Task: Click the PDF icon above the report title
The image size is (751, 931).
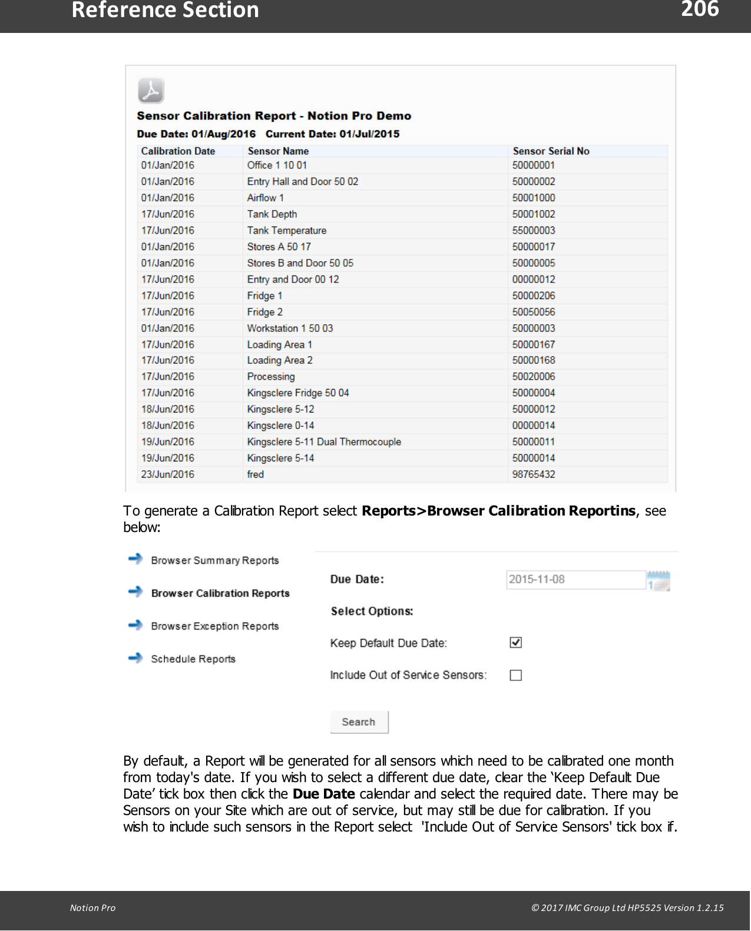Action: [151, 91]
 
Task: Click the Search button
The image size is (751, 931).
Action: [359, 722]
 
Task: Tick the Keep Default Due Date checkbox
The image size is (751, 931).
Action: [515, 643]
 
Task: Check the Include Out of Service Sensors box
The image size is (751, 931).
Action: [515, 676]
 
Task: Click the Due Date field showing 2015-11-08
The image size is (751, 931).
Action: [575, 580]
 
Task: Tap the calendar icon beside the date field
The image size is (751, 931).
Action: [659, 581]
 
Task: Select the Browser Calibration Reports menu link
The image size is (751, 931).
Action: [220, 593]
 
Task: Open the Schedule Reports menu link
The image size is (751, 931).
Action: [193, 659]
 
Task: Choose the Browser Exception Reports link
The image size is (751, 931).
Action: [214, 626]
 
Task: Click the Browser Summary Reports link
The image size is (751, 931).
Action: [214, 560]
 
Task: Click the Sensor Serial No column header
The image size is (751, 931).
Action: [551, 151]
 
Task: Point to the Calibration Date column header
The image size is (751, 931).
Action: [178, 151]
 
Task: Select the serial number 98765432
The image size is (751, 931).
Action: [534, 474]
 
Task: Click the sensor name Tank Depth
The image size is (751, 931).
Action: [272, 214]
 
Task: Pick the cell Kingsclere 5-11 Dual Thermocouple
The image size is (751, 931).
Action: [324, 442]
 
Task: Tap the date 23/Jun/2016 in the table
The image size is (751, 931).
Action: [167, 474]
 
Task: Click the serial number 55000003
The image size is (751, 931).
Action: [534, 231]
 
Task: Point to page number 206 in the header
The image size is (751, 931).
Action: [700, 9]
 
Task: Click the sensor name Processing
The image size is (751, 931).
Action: [271, 377]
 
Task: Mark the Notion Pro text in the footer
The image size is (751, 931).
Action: [92, 908]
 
